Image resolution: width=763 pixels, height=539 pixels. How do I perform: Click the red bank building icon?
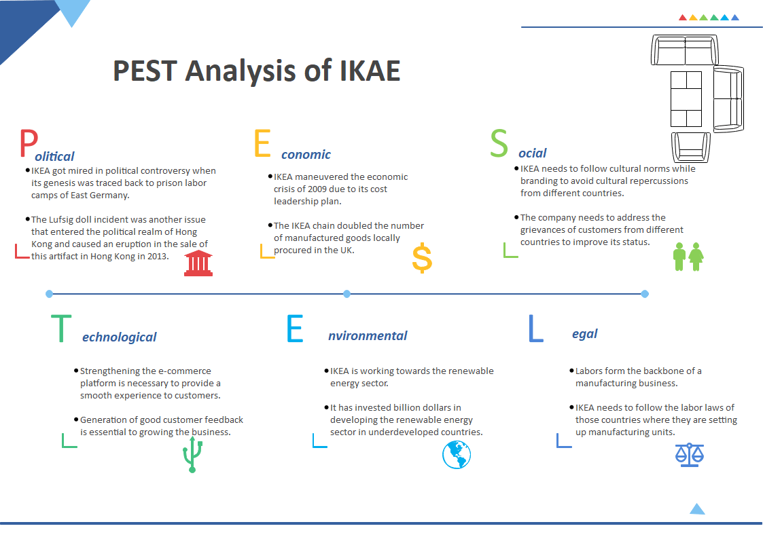coord(198,263)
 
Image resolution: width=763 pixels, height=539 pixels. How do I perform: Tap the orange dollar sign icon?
coord(422,259)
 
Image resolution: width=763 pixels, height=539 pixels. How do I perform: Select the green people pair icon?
coord(688,257)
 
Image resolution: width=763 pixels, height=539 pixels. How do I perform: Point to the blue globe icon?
coord(457,454)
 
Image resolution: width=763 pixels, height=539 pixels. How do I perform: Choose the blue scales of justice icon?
coord(690,454)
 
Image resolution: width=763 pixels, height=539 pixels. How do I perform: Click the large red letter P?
coord(28,144)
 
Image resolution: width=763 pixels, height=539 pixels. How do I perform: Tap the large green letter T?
coord(61,328)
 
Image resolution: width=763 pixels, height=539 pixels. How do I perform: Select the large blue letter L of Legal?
coord(536,328)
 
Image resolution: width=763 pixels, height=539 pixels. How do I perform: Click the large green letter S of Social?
coord(499,143)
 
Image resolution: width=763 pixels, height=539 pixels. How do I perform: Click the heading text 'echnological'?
coord(119,337)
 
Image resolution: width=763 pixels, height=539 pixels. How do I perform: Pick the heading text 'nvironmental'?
coord(368,335)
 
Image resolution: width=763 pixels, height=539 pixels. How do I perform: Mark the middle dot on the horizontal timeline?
coord(347,294)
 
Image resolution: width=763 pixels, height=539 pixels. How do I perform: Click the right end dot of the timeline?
coord(645,294)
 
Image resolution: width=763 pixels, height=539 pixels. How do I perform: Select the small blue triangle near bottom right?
coord(697,509)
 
